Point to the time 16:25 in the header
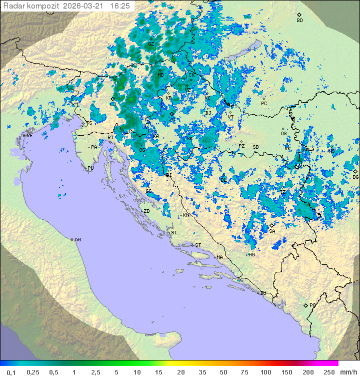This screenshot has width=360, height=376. click(119, 6)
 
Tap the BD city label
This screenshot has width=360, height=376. click(299, 21)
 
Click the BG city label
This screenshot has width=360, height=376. click(355, 177)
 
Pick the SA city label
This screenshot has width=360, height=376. click(272, 231)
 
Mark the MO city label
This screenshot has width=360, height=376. click(251, 254)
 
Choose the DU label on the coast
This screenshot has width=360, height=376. click(262, 293)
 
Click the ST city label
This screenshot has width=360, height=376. click(197, 245)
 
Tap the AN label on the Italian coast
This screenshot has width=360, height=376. click(77, 240)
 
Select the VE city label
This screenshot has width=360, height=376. click(29, 136)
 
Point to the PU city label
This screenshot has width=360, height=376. click(90, 168)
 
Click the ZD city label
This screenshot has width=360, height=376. click(146, 211)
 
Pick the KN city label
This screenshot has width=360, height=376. click(186, 215)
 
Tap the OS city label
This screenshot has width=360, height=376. click(283, 134)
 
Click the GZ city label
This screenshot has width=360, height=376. click(151, 44)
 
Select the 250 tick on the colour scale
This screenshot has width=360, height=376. click(328, 372)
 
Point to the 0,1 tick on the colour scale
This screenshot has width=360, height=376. click(11, 372)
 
